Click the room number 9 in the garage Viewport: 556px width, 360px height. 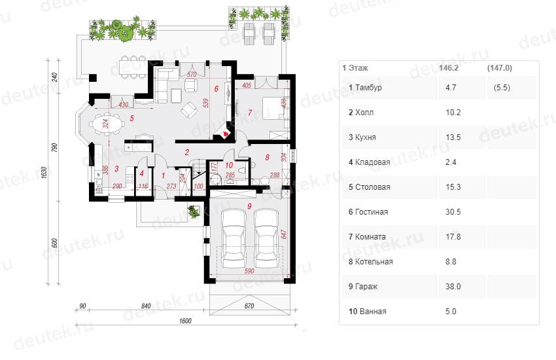click(x=250, y=206)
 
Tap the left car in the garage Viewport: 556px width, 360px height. click(x=234, y=239)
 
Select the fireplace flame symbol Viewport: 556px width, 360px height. click(x=225, y=134)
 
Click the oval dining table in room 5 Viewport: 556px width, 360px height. click(x=107, y=124)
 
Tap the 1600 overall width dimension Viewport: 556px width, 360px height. click(x=185, y=321)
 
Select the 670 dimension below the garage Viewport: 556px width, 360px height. click(x=249, y=306)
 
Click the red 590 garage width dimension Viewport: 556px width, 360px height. click(x=249, y=271)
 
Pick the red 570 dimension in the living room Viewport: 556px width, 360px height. click(x=192, y=75)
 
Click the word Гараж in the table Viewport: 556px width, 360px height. click(x=366, y=287)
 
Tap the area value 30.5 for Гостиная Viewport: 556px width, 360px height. click(x=453, y=211)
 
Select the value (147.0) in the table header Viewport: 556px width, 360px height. click(x=500, y=67)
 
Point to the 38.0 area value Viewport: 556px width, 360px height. click(x=453, y=286)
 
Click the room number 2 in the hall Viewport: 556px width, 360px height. click(x=187, y=153)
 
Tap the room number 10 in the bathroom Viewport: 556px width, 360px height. click(x=229, y=165)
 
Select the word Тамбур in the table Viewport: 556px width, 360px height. click(x=368, y=88)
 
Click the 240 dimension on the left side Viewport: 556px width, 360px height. click(x=54, y=77)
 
